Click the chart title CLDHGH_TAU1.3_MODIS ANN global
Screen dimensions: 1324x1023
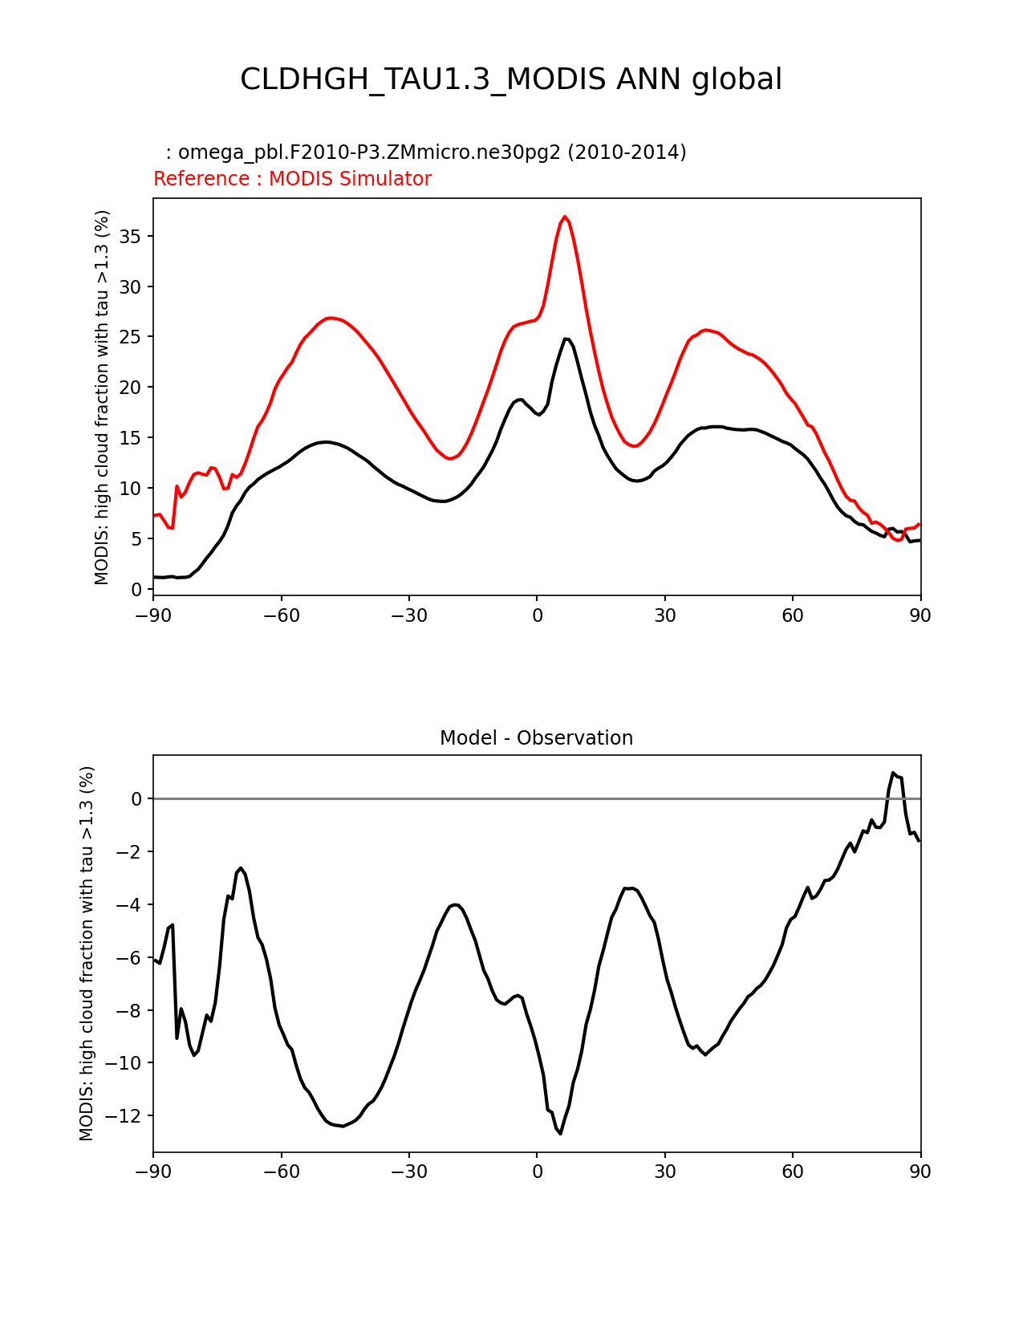(511, 79)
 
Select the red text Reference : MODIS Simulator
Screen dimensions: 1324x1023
(292, 179)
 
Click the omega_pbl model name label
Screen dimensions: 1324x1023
(426, 152)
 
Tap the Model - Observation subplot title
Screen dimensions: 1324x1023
(536, 738)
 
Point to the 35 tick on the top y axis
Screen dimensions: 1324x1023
(132, 237)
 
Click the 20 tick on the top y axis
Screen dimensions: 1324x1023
(132, 388)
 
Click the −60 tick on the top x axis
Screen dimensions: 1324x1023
(281, 615)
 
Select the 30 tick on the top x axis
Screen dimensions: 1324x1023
(664, 615)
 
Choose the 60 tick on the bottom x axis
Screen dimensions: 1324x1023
(793, 1172)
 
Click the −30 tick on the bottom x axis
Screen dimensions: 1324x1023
(408, 1172)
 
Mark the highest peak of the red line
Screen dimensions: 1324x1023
(565, 217)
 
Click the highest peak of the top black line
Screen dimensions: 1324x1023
(566, 339)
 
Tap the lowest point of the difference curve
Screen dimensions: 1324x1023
(561, 1133)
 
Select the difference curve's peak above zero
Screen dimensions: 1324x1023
(893, 773)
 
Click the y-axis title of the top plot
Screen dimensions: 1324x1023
(102, 397)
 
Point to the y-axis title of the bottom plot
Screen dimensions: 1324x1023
(87, 953)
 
